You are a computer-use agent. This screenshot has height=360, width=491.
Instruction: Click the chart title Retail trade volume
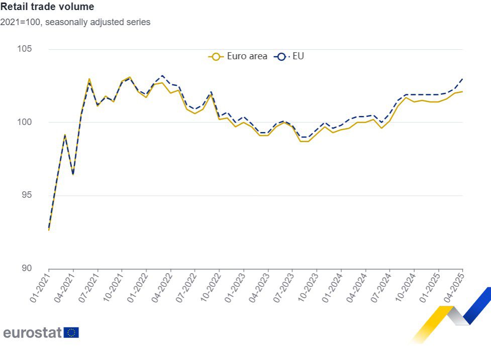tap(47, 7)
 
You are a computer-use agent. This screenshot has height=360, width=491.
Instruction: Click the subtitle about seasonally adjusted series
tap(75, 22)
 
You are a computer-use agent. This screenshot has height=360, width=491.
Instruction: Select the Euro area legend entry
tap(238, 56)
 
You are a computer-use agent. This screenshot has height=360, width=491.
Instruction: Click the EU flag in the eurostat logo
tap(71, 332)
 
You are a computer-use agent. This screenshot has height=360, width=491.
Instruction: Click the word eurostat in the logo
tap(32, 332)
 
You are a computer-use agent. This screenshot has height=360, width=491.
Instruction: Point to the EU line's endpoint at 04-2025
tap(462, 79)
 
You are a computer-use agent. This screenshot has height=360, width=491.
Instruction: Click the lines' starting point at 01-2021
tap(49, 229)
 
